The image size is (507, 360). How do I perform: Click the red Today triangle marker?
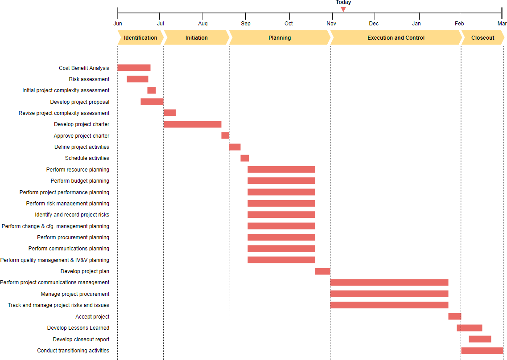pos(343,9)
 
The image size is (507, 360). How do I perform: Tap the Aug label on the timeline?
pos(203,24)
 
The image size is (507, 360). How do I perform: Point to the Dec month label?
pos(374,24)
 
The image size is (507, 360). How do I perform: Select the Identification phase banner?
pos(140,38)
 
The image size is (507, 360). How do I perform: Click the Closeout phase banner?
pos(482,38)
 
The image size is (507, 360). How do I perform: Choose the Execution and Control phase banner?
pos(396,38)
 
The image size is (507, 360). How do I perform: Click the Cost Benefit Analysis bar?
pos(134,68)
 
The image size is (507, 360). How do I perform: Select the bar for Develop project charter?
pos(192,124)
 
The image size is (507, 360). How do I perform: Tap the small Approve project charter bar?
pos(225,135)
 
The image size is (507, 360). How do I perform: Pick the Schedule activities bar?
pos(245,158)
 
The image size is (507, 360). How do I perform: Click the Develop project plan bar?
pos(322,271)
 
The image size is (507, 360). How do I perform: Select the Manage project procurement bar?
pos(389,294)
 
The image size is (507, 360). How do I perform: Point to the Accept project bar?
pos(454,316)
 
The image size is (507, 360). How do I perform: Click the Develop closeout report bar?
pos(480,339)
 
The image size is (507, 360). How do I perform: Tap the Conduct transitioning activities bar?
pos(482,351)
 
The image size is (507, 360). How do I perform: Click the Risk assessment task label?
pos(89,79)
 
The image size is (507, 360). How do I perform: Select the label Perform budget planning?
pos(80,181)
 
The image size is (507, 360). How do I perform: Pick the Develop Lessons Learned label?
pos(78,328)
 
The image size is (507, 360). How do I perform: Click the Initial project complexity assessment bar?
pos(152,90)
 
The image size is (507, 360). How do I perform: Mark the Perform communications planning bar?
pos(281,249)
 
